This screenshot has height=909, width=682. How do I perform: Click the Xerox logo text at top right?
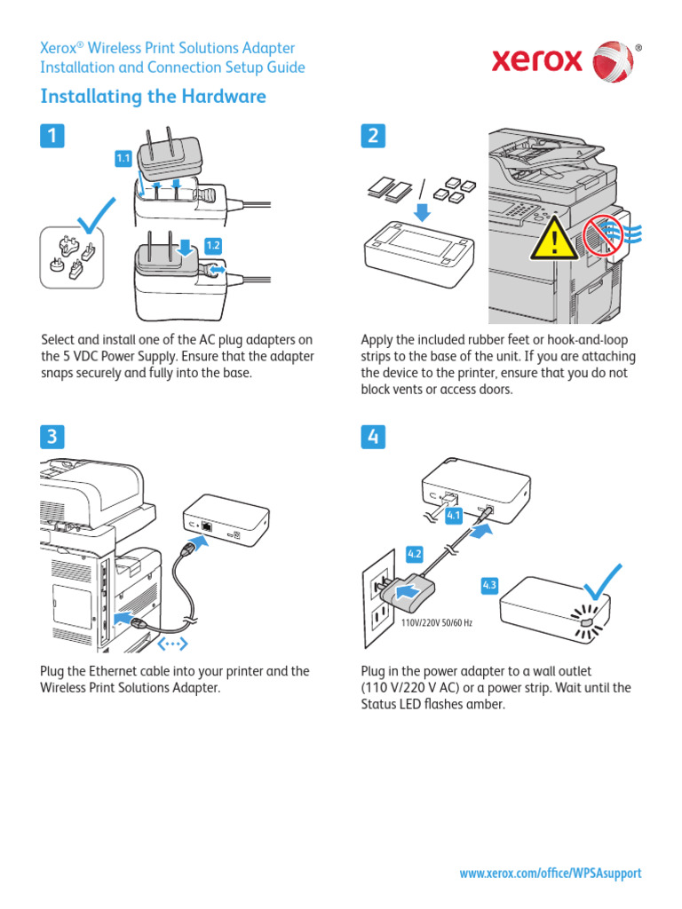click(538, 60)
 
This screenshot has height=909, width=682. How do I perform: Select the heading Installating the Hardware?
click(154, 97)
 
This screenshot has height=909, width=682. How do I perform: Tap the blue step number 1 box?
click(52, 135)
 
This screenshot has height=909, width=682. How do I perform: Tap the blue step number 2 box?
click(373, 135)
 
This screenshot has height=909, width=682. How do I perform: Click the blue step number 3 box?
click(52, 436)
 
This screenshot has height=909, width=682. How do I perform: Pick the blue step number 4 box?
click(373, 436)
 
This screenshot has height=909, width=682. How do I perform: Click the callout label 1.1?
click(123, 158)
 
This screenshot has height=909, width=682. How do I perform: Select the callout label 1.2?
click(213, 245)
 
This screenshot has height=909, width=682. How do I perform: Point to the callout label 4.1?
click(454, 515)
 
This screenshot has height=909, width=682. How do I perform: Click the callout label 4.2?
click(415, 554)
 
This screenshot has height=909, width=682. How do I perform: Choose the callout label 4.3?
click(490, 585)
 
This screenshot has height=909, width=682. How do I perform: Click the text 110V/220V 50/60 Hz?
click(437, 623)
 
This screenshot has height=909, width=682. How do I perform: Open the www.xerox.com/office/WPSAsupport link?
click(550, 873)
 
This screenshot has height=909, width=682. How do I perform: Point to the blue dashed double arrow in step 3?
click(172, 642)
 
